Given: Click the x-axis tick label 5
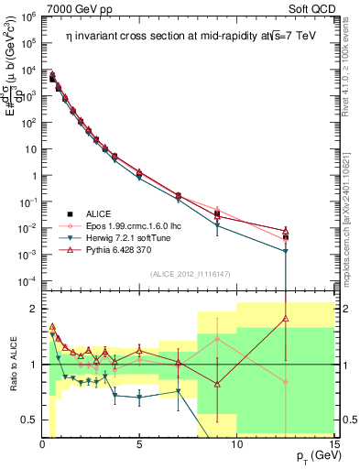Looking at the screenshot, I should pyautogui.click(x=139, y=444).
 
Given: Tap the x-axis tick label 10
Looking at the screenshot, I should pyautogui.click(x=236, y=444).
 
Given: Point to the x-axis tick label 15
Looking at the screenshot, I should pyautogui.click(x=333, y=444).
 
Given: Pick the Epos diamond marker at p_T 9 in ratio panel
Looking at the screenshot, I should pyautogui.click(x=217, y=338).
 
